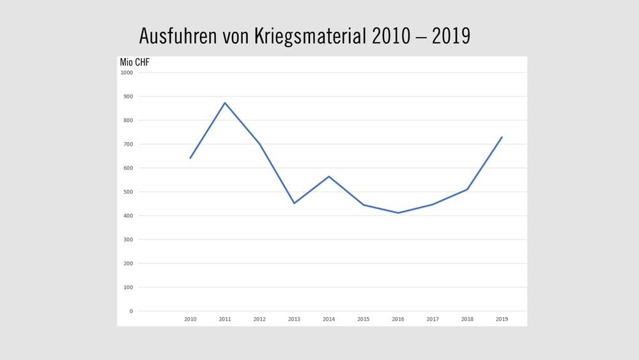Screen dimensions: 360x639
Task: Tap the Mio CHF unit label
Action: tap(134, 62)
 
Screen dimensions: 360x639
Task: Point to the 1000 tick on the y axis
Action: tap(127, 72)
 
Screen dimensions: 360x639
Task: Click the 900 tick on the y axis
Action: tap(128, 97)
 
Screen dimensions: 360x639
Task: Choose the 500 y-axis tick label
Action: tap(128, 192)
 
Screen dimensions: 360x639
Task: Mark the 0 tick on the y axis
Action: tap(130, 311)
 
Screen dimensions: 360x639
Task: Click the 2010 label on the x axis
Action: tap(190, 318)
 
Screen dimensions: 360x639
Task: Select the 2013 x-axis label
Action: tap(294, 318)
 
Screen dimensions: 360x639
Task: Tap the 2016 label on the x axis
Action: tap(398, 318)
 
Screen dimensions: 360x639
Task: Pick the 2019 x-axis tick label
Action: tap(502, 318)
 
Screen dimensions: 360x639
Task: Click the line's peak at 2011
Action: tap(225, 102)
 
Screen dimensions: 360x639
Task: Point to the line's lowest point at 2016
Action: tap(398, 213)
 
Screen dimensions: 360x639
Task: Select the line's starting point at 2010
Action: tap(190, 158)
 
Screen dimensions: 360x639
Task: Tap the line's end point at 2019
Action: tap(502, 137)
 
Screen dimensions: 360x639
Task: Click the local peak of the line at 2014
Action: tap(328, 176)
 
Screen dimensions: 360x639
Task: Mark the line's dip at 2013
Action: tap(294, 203)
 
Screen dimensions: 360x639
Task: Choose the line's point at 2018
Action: tap(467, 189)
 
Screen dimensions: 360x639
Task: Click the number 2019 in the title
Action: tap(450, 36)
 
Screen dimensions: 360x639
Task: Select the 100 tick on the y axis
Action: tap(128, 287)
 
